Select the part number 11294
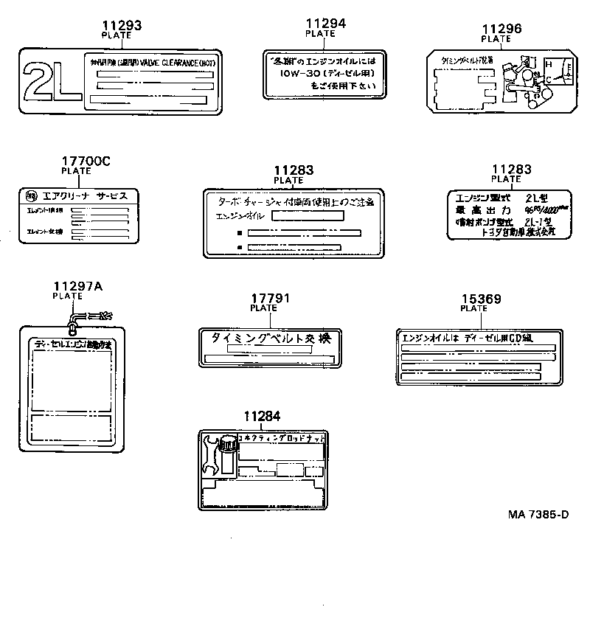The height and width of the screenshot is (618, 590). click(324, 24)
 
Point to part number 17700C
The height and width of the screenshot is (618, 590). click(86, 161)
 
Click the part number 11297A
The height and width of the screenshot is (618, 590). click(77, 286)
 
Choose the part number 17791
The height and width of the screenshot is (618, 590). click(268, 299)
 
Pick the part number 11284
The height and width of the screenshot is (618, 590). click(262, 417)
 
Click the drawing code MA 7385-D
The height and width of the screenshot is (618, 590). click(538, 514)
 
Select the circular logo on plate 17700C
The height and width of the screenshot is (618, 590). click(30, 195)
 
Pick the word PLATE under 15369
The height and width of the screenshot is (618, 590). click(473, 309)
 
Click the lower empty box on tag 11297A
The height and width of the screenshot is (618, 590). click(72, 427)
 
